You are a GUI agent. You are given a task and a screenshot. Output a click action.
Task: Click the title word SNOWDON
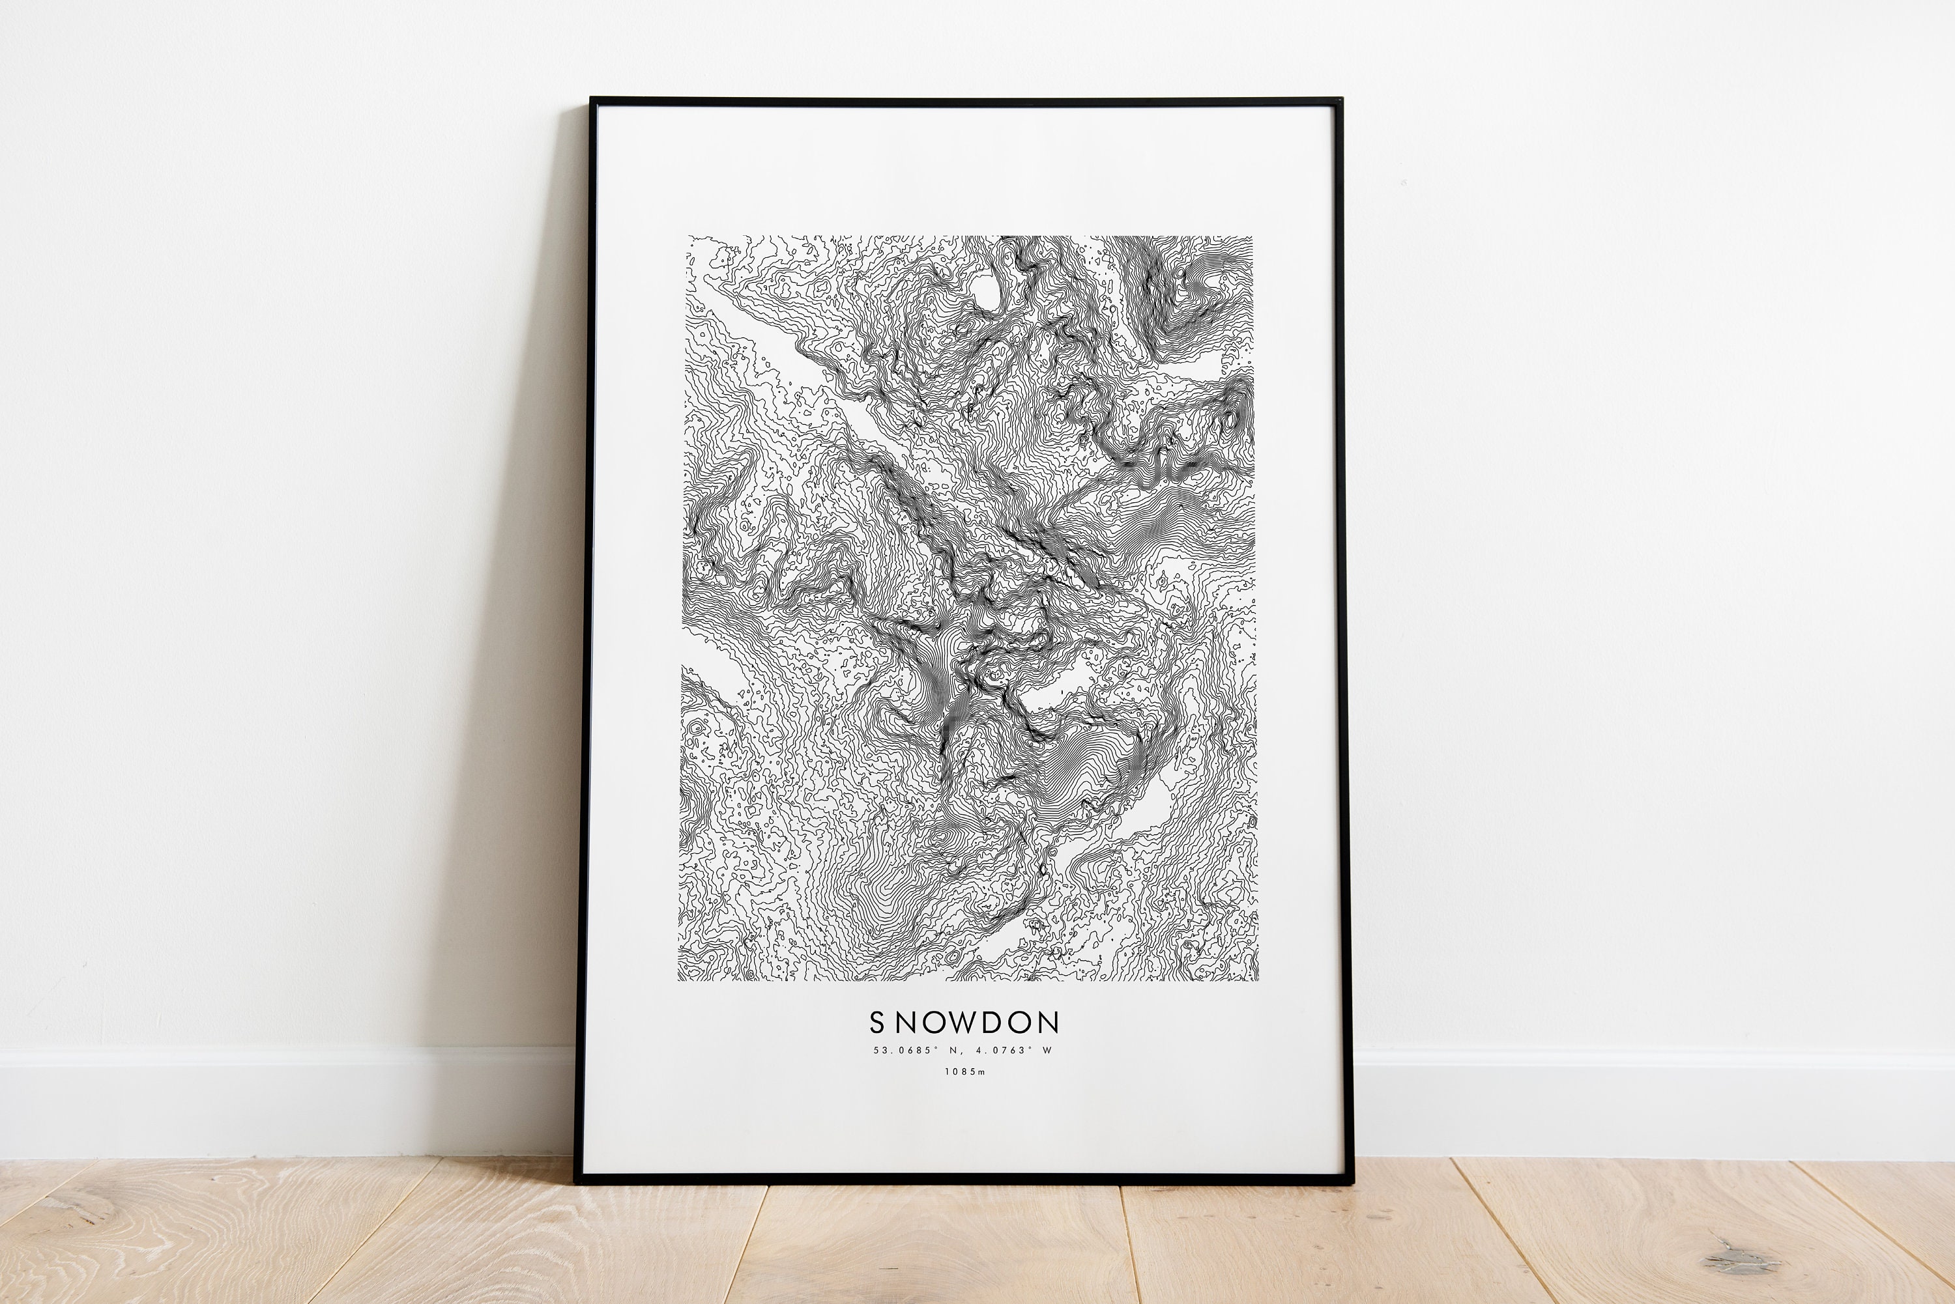tap(964, 1022)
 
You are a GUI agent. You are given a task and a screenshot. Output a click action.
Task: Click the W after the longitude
tap(1047, 1051)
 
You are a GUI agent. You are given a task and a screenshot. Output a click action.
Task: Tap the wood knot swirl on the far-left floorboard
tap(79, 1210)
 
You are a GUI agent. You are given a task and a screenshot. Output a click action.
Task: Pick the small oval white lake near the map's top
tap(987, 291)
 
